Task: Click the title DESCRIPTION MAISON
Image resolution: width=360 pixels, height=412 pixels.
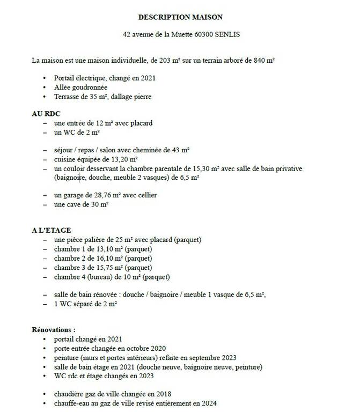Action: click(x=180, y=17)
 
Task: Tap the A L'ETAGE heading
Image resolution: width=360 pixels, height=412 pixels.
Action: click(x=52, y=230)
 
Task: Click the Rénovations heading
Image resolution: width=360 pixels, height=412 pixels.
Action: click(x=54, y=329)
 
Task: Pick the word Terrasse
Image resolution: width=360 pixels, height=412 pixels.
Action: click(x=68, y=97)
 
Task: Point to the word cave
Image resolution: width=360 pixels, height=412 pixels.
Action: click(x=76, y=204)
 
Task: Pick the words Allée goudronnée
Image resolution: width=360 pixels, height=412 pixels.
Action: click(x=81, y=87)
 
